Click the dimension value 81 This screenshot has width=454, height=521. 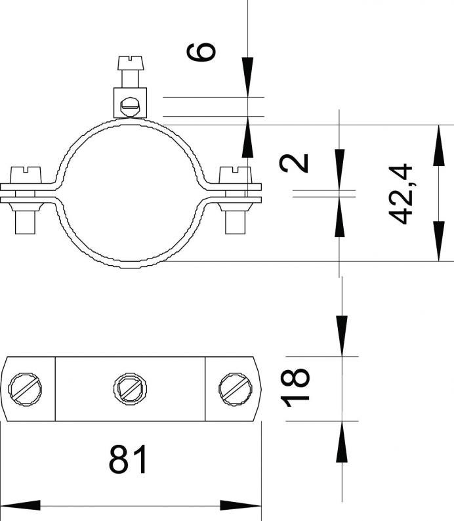pyautogui.click(x=128, y=459)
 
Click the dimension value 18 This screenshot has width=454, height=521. pyautogui.click(x=295, y=387)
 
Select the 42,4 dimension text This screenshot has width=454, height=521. pyautogui.click(x=400, y=194)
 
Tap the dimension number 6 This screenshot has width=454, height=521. pyautogui.click(x=201, y=51)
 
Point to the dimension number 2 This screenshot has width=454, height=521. pyautogui.click(x=294, y=163)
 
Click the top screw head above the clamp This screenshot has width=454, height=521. pyautogui.click(x=131, y=63)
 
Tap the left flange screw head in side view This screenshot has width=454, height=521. pyautogui.click(x=26, y=175)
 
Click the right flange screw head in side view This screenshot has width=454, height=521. pyautogui.click(x=235, y=175)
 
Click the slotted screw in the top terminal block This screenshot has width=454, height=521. pyautogui.click(x=130, y=107)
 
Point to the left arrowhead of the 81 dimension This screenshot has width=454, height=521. pyautogui.click(x=20, y=505)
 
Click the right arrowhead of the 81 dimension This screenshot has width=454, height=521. pyautogui.click(x=241, y=505)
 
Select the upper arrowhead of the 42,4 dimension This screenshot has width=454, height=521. pyautogui.click(x=439, y=145)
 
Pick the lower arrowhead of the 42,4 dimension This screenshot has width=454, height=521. pyautogui.click(x=439, y=241)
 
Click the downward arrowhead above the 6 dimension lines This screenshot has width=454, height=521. pyautogui.click(x=247, y=77)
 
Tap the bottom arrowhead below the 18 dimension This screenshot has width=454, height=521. pyautogui.click(x=342, y=442)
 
